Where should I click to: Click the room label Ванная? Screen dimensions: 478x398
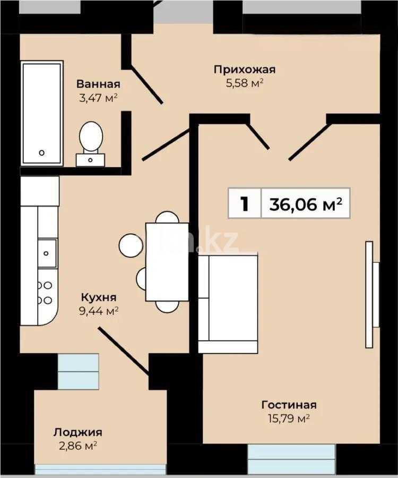point(98,84)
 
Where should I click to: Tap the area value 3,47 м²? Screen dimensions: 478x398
point(98,98)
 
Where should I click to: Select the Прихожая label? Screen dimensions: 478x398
point(245,69)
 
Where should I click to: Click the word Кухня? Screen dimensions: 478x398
point(99,297)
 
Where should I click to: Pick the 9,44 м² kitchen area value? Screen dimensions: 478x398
point(99,311)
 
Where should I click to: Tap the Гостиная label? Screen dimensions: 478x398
point(289,405)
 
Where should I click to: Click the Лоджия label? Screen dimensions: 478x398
point(77,432)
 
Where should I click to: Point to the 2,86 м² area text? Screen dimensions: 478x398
point(77,446)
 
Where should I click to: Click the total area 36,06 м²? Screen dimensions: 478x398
point(305,203)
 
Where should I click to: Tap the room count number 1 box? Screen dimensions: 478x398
point(245,203)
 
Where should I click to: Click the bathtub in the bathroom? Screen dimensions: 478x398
point(42,113)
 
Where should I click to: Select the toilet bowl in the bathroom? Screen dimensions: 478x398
point(91,136)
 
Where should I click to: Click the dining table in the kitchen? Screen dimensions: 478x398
point(167,262)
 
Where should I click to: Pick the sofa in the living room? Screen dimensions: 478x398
point(228,304)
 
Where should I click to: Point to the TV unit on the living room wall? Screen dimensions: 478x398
point(370,294)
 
